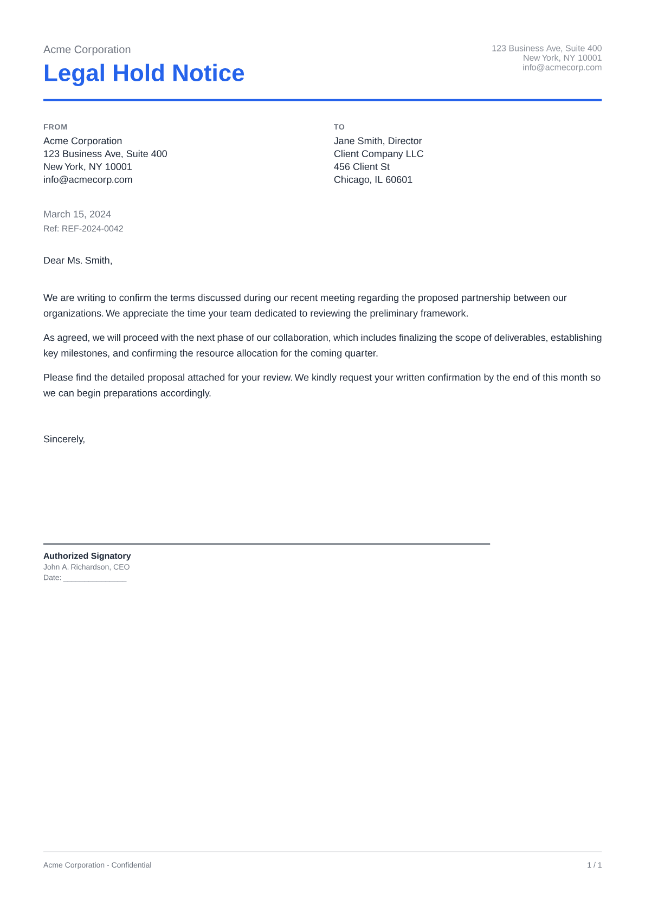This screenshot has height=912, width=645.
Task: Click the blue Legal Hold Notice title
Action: (x=144, y=73)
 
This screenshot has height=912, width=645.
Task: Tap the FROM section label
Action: (x=55, y=127)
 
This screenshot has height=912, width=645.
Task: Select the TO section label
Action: (x=339, y=127)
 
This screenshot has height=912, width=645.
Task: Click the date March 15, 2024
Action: (x=77, y=214)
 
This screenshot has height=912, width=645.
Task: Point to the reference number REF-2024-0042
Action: (x=92, y=229)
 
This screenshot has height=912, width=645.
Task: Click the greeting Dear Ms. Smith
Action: (x=78, y=261)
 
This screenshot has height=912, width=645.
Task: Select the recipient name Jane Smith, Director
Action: (x=377, y=141)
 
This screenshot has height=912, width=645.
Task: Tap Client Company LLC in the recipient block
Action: (x=378, y=154)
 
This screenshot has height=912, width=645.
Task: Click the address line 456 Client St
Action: (x=362, y=167)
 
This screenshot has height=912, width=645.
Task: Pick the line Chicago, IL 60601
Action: (x=373, y=180)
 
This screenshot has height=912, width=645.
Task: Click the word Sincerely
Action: (x=64, y=439)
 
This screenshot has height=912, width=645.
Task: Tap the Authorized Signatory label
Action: (x=87, y=556)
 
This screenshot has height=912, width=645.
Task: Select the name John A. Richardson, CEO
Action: (x=86, y=567)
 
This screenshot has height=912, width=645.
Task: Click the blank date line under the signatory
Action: (x=95, y=578)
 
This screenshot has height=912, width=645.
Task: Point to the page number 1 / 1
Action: (x=594, y=865)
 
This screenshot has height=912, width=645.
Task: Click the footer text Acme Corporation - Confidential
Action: (x=97, y=865)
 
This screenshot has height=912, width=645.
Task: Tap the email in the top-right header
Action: (x=562, y=68)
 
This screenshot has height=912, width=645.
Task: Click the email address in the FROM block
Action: (x=88, y=180)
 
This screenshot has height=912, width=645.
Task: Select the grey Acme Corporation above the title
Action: (x=87, y=50)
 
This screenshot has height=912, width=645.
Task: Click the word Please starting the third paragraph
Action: (x=57, y=378)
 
